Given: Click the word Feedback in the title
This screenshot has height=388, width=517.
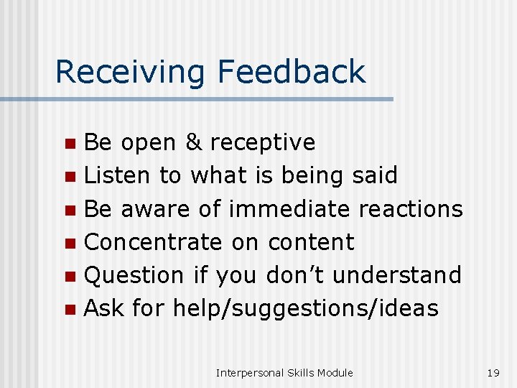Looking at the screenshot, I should (x=292, y=73).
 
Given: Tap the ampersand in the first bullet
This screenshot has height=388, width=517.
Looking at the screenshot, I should (x=193, y=142).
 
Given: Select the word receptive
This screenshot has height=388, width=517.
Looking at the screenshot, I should (x=262, y=143).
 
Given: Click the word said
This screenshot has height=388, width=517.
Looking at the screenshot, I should (x=375, y=175).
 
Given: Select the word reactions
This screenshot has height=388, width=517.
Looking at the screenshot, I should (x=411, y=209).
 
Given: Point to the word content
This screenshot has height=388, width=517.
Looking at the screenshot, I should (x=311, y=242).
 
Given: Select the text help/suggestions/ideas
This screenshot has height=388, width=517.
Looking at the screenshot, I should (x=305, y=309).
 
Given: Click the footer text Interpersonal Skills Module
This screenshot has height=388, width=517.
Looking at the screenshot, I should (x=284, y=372).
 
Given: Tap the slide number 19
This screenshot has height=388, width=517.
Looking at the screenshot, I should (x=493, y=372).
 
